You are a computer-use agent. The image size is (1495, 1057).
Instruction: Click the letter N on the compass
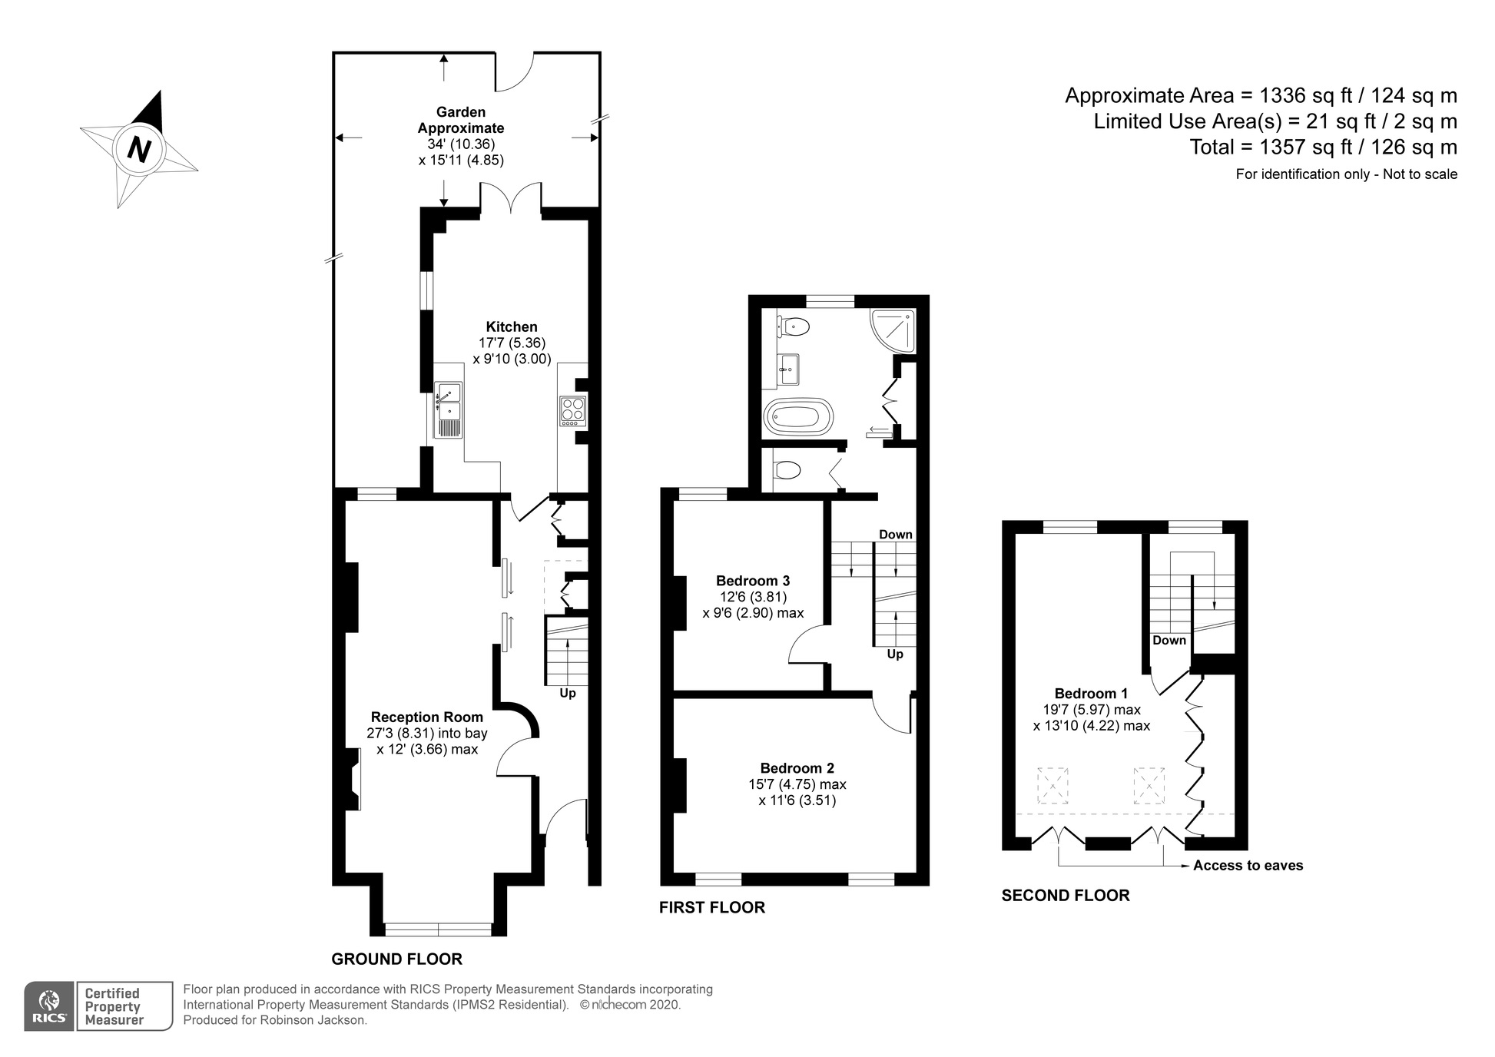(x=139, y=149)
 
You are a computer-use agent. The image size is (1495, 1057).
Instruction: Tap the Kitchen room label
(x=512, y=326)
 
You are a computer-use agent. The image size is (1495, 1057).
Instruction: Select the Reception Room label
(x=427, y=717)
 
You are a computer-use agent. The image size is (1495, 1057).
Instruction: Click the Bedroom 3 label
(x=753, y=581)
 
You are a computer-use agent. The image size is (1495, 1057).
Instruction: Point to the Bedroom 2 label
(x=797, y=768)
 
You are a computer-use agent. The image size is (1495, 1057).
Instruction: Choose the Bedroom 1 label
(x=1091, y=694)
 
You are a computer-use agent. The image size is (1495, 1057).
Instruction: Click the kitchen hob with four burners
(x=573, y=411)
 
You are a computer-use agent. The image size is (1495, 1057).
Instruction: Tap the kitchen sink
(x=449, y=410)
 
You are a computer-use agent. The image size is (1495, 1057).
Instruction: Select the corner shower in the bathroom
(x=893, y=330)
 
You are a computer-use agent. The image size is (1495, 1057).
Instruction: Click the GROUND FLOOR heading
(x=396, y=959)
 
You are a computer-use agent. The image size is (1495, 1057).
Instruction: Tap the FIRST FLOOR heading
(x=712, y=908)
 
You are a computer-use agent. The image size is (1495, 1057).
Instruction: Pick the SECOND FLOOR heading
(x=1066, y=896)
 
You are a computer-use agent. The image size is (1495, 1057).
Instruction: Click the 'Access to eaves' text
(x=1248, y=866)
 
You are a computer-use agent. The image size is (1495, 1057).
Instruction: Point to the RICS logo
(x=49, y=1006)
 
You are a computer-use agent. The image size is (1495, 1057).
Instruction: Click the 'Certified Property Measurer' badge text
(x=114, y=1006)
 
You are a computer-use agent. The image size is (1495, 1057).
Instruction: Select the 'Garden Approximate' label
(x=461, y=120)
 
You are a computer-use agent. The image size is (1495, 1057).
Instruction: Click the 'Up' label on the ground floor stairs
(x=568, y=693)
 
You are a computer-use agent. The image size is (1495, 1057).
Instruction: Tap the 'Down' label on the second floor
(x=1169, y=640)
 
